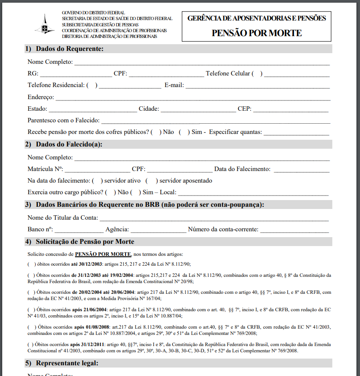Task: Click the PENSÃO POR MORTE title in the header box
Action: point(256,33)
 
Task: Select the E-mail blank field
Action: point(258,86)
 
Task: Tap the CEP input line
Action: point(291,109)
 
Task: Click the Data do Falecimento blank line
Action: point(301,170)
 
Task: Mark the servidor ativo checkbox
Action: point(97,181)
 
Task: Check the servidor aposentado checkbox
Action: point(152,181)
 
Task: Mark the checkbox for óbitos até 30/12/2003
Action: point(32,264)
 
